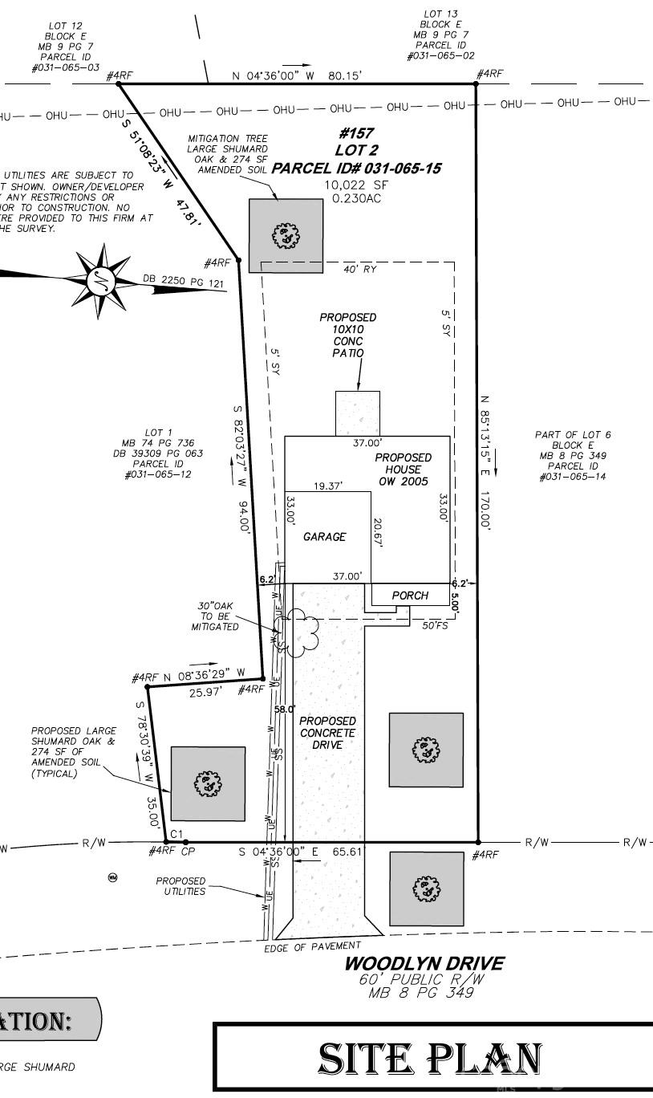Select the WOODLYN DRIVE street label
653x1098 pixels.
tap(424, 962)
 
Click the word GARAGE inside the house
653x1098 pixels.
tap(324, 537)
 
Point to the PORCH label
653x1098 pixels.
tap(410, 596)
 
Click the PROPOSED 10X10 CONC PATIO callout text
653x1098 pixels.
tap(347, 335)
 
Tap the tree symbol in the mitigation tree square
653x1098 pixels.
tap(286, 235)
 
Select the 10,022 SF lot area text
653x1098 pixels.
tap(355, 185)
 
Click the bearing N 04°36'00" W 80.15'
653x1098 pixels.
tap(297, 75)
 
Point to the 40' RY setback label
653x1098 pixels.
tap(360, 269)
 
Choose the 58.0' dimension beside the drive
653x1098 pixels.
tap(285, 710)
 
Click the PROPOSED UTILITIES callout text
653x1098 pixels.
tap(180, 886)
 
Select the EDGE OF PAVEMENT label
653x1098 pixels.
tap(312, 947)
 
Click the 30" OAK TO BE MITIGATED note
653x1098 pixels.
tap(214, 616)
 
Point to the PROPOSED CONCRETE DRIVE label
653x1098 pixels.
tap(327, 733)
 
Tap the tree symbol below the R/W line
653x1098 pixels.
tap(426, 889)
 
